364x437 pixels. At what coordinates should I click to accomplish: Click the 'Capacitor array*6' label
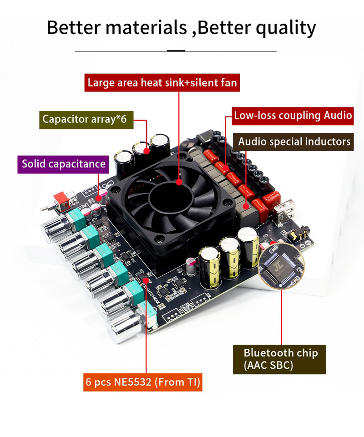point(86,120)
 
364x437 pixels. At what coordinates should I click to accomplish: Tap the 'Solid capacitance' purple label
point(63,164)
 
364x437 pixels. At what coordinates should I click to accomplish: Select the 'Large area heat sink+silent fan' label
point(162,82)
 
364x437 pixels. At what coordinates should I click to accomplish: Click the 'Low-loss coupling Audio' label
point(293,116)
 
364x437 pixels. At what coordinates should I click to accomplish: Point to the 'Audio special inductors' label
point(293,142)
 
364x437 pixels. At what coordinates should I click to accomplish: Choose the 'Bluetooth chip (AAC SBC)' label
point(279,359)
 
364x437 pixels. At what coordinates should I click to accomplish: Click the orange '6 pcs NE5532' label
point(143,382)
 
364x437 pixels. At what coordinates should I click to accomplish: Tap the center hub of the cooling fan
point(171,197)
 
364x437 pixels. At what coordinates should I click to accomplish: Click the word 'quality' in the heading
point(286,28)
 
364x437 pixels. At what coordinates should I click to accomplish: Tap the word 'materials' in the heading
point(146,28)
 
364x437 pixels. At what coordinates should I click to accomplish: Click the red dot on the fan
point(179,182)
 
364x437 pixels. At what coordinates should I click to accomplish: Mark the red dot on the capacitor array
point(147,151)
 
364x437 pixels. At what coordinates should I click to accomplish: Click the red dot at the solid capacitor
point(99,198)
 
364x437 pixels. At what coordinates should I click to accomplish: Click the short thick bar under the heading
point(176,51)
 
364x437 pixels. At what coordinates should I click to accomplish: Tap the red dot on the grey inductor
point(246,206)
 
